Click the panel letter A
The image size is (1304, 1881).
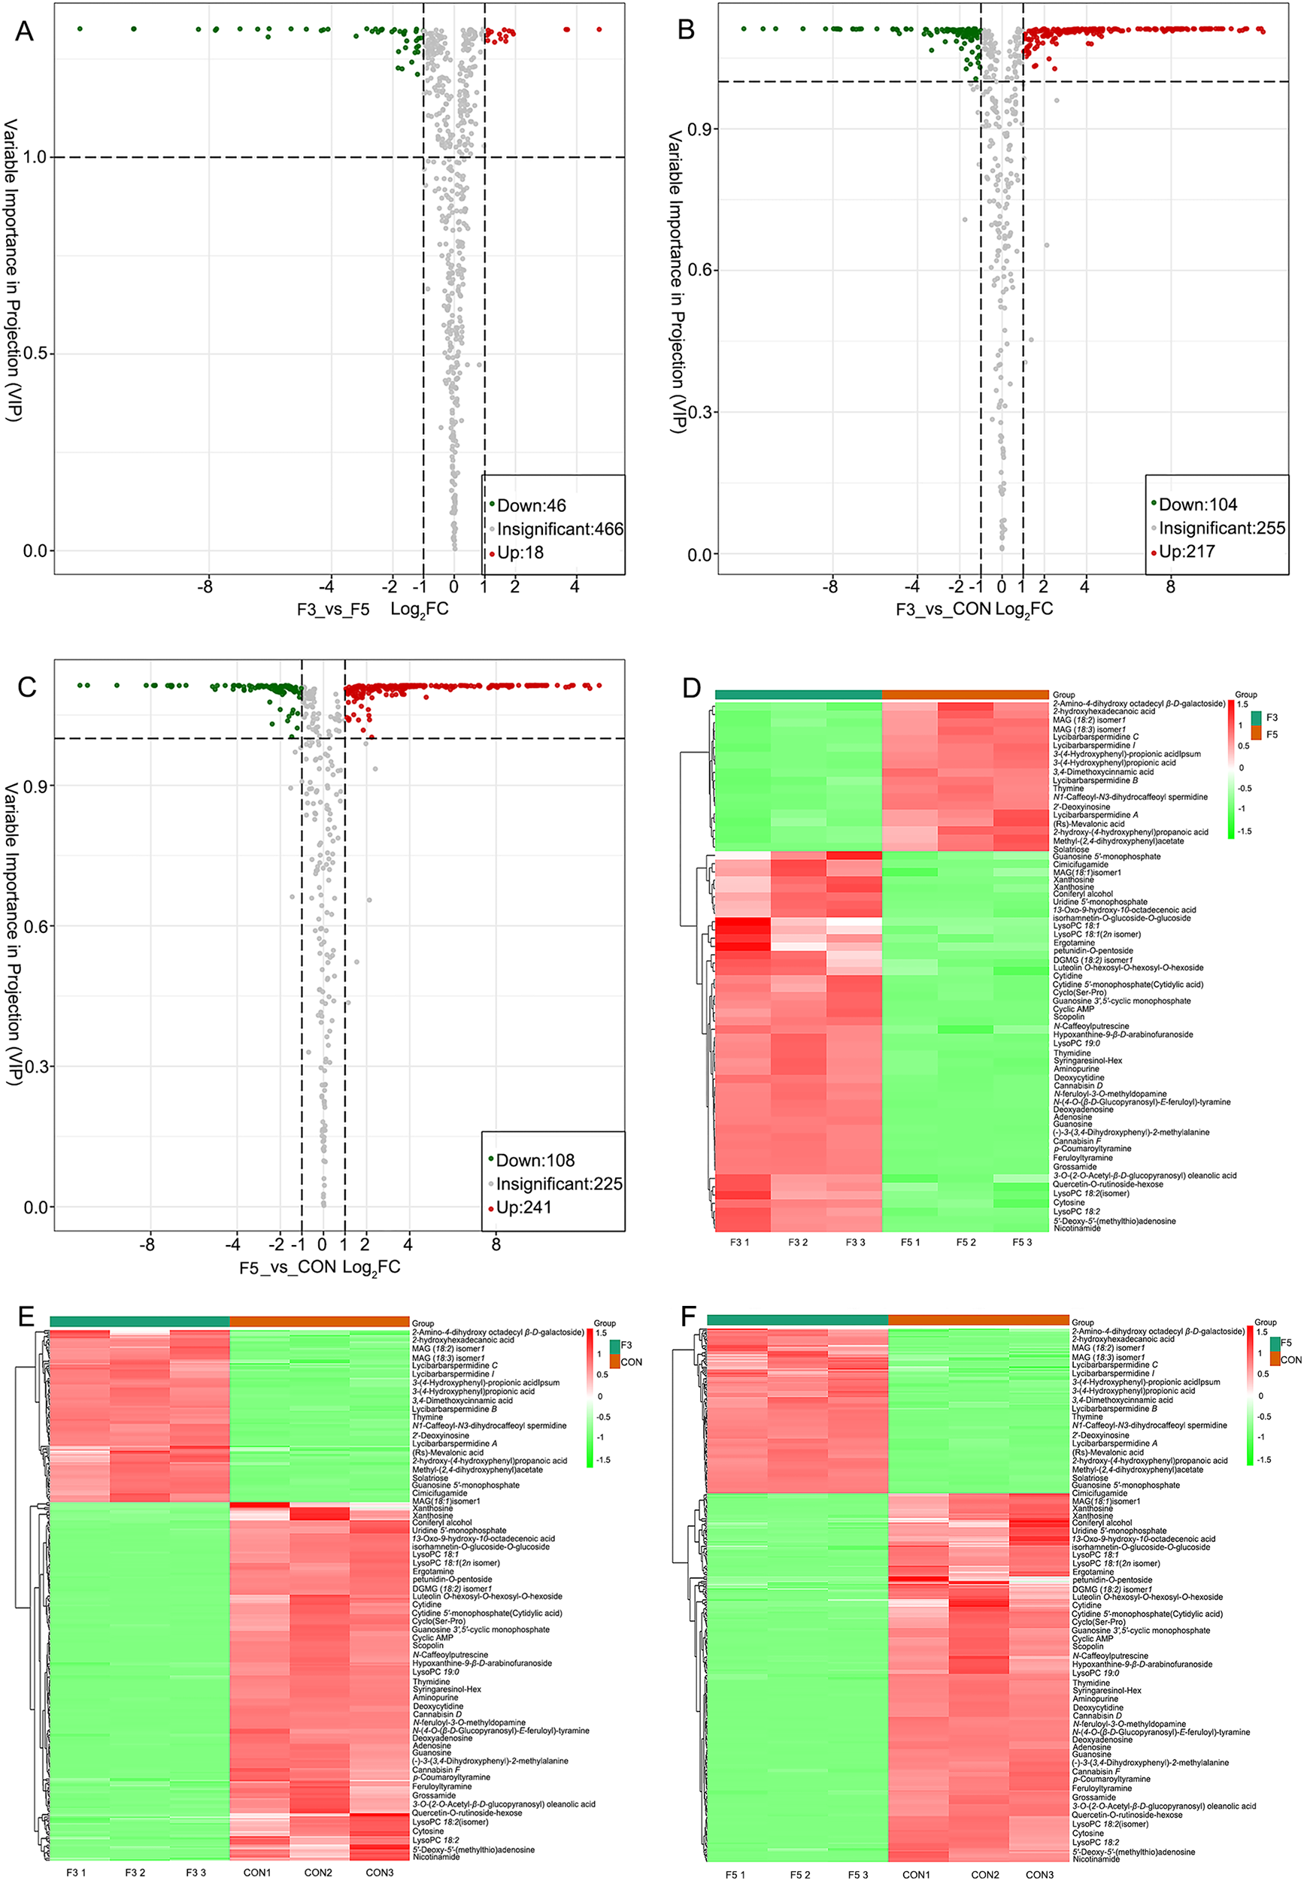25,31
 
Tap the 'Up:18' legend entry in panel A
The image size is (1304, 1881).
520,553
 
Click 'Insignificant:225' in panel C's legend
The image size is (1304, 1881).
559,1183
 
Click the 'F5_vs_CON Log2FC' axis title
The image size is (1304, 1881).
320,1268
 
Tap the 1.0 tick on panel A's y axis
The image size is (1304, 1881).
35,157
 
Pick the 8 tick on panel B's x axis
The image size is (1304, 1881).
1170,586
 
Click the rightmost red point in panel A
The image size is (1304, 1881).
599,29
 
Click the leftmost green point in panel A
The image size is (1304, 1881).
80,29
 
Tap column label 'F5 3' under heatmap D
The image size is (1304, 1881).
1021,1242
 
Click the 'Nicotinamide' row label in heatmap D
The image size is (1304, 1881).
1076,1228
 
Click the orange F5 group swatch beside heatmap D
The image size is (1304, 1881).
1256,735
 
